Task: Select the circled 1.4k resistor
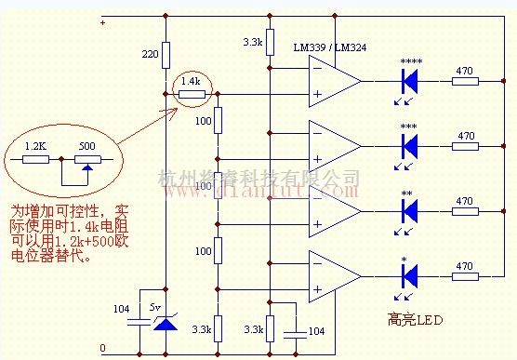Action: (192, 93)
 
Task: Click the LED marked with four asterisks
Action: (409, 81)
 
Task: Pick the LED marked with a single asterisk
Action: (409, 275)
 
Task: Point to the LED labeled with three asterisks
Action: (409, 145)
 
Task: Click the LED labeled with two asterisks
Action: (409, 210)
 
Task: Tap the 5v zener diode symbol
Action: (165, 324)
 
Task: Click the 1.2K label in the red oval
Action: (34, 146)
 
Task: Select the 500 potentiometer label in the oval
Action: (86, 146)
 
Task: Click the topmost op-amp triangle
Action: (333, 81)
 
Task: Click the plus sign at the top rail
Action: (102, 21)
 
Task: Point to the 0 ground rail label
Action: (102, 349)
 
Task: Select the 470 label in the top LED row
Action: (463, 70)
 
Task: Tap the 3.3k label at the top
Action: (252, 42)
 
